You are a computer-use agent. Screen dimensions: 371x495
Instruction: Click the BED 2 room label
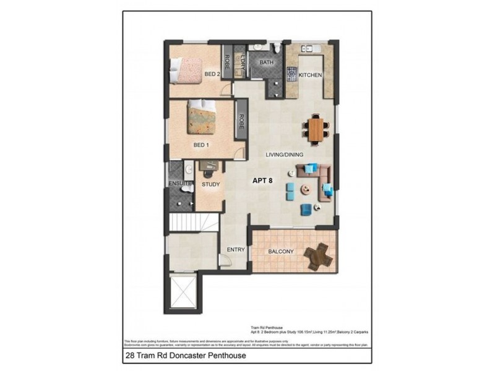point(212,75)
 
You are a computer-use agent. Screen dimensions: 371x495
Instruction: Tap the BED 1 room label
point(201,145)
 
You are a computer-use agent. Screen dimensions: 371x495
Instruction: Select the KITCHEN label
point(310,75)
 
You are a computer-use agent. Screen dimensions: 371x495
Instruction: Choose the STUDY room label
point(210,184)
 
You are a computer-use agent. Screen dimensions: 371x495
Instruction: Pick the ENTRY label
point(236,250)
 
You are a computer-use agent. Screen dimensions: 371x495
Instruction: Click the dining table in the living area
point(316,130)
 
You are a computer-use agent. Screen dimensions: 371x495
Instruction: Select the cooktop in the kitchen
point(291,75)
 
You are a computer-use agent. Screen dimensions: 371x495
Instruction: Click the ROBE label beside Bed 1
point(241,121)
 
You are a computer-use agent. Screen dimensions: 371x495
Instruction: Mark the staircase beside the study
point(194,222)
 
